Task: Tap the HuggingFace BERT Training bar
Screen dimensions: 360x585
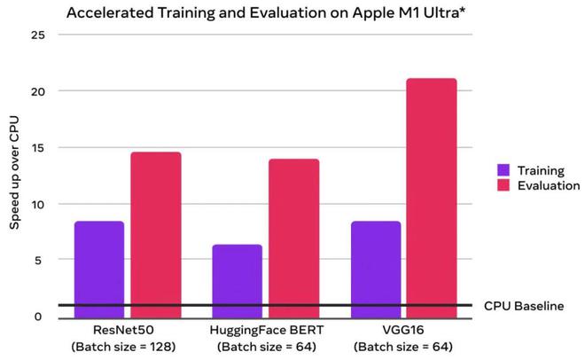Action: pos(238,275)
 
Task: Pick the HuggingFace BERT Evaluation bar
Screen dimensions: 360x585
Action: pos(293,232)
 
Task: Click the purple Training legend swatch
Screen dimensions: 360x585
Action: pos(503,168)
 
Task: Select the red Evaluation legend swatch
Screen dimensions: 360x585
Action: pos(503,186)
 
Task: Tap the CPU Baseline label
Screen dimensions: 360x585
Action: pos(524,306)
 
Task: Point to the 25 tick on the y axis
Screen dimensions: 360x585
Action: pos(37,35)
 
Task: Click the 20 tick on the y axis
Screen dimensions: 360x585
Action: pos(37,91)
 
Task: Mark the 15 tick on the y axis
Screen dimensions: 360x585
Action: pos(37,148)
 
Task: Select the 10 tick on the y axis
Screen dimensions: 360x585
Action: pos(37,204)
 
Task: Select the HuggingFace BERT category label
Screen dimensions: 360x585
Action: pos(265,330)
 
